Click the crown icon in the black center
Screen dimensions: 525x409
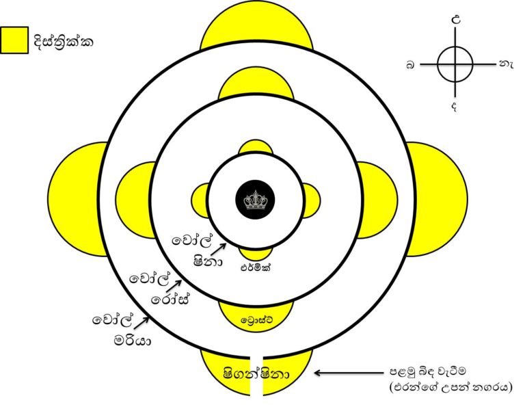click(x=256, y=200)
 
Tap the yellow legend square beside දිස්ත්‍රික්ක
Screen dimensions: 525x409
click(x=14, y=40)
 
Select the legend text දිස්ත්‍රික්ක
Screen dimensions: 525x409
click(x=64, y=42)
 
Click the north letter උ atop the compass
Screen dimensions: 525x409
click(x=456, y=19)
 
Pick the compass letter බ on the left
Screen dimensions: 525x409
click(x=410, y=64)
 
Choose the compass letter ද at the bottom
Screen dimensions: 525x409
click(x=454, y=107)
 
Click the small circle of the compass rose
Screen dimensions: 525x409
click(x=455, y=64)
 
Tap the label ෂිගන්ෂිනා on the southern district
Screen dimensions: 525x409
click(x=256, y=374)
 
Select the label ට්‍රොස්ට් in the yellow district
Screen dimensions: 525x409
click(x=256, y=320)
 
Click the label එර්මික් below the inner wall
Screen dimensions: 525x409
click(x=256, y=267)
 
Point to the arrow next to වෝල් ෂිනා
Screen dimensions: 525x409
click(x=219, y=249)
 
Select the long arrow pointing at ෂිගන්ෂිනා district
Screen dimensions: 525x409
click(x=348, y=373)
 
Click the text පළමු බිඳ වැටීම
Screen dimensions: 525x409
click(x=427, y=371)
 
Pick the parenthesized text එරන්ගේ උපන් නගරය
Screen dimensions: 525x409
click(x=451, y=387)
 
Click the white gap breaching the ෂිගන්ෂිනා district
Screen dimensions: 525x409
click(x=256, y=375)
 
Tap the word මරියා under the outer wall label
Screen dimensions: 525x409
click(x=132, y=340)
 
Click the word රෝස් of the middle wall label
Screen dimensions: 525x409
click(x=170, y=298)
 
